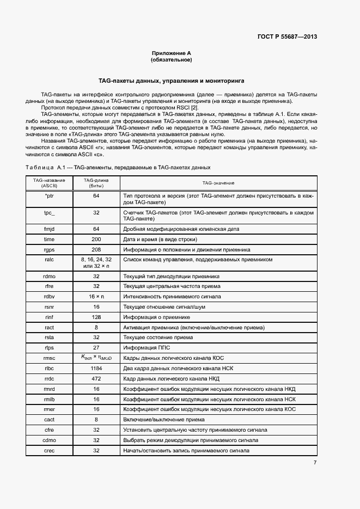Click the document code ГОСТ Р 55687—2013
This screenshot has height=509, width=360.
tap(286, 37)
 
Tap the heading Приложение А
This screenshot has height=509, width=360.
tap(172, 53)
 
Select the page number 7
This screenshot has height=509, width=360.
tap(315, 463)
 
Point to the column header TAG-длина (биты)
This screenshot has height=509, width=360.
tap(96, 183)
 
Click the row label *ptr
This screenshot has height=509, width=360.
tap(49, 195)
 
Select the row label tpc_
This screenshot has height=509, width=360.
tap(49, 213)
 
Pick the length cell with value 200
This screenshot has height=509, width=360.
tap(96, 239)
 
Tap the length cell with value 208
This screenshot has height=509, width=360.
tap(96, 249)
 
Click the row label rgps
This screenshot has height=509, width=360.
tap(49, 249)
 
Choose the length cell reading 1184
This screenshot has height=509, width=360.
tap(96, 368)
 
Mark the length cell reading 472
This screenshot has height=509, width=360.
tap(96, 378)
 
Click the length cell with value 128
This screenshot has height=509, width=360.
tap(96, 317)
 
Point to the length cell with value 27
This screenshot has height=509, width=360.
tap(96, 347)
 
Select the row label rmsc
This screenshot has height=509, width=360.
tap(49, 358)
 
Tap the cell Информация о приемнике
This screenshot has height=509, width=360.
tap(155, 317)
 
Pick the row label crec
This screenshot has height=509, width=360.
tap(49, 450)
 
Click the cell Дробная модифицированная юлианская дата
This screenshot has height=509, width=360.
tap(181, 229)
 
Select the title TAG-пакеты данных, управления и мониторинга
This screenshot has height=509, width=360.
tap(171, 80)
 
